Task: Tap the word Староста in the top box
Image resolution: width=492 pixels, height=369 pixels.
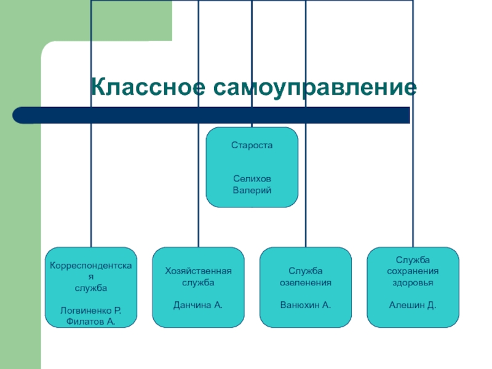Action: [252, 146]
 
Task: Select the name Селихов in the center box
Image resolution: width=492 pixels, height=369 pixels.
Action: [252, 178]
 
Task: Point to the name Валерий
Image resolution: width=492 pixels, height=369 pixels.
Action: [252, 190]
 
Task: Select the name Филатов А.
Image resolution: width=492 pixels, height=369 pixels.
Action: [90, 321]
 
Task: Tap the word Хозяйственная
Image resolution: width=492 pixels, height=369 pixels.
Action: [198, 271]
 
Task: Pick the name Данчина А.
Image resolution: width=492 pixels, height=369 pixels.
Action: [198, 304]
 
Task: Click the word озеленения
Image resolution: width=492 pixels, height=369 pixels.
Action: [306, 282]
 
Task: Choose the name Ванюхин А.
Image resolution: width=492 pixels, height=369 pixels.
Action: [306, 304]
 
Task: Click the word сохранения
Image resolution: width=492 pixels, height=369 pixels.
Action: [413, 271]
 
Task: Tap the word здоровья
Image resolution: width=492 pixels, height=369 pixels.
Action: [413, 282]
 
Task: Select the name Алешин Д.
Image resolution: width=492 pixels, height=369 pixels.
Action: [413, 304]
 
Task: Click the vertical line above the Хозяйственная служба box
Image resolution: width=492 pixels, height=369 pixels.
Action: [198, 184]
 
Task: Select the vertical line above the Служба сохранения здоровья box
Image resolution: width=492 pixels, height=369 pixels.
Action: [413, 184]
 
